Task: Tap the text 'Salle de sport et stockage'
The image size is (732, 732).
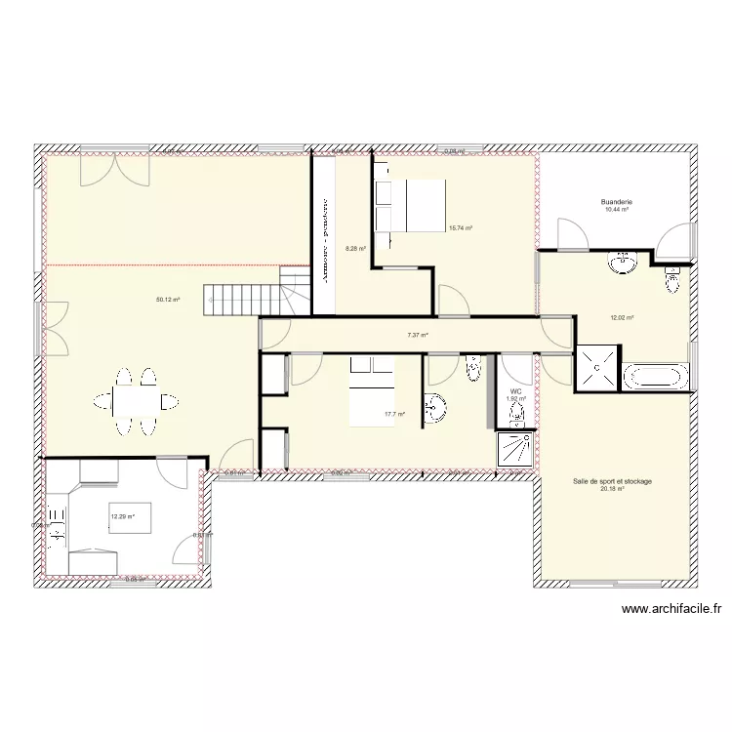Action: pyautogui.click(x=613, y=481)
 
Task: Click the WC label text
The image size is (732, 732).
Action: pyautogui.click(x=516, y=390)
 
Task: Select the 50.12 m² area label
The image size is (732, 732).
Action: pyautogui.click(x=168, y=300)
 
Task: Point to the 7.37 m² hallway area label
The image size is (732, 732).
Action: pyautogui.click(x=418, y=335)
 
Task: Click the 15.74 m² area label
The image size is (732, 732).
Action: pyautogui.click(x=460, y=228)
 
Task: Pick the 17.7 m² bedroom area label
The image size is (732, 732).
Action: pyautogui.click(x=394, y=414)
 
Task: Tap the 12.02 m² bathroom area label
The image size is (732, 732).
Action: pyautogui.click(x=622, y=317)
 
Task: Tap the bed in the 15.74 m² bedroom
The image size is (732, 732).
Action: pyautogui.click(x=410, y=204)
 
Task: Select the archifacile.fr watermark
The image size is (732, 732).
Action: pyautogui.click(x=671, y=610)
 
